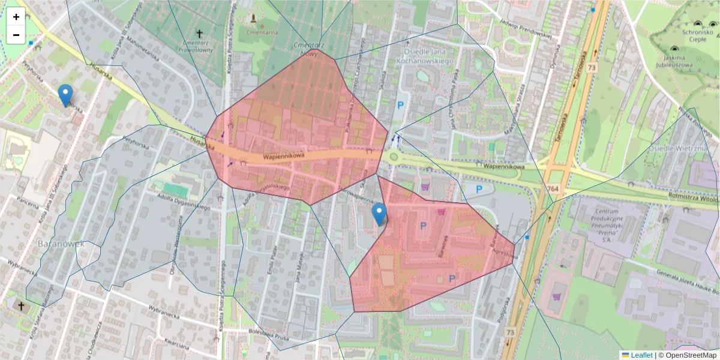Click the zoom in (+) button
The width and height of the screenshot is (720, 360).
[16, 17]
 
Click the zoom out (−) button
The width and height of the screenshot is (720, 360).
[16, 35]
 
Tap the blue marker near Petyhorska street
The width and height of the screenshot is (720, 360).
[65, 95]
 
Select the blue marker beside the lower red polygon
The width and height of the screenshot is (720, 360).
[379, 214]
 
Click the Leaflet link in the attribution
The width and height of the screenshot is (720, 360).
[641, 355]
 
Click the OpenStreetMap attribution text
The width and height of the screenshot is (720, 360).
[687, 355]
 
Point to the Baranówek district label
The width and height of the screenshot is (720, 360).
[61, 244]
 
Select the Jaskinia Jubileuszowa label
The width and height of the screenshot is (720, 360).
[673, 61]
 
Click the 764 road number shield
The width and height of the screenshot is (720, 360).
[551, 188]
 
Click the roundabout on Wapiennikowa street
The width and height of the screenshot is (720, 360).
[393, 157]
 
